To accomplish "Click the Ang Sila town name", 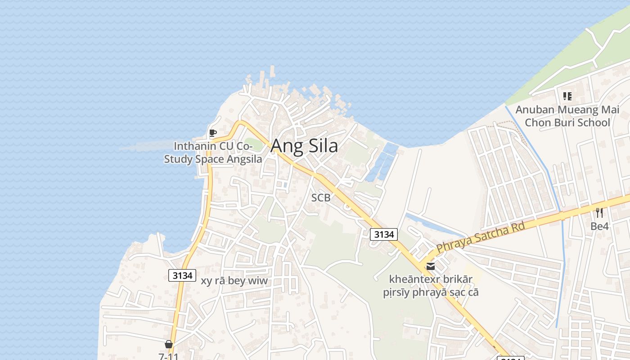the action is (304, 146).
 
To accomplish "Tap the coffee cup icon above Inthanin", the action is (212, 133).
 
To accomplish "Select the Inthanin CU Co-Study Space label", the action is (213, 153).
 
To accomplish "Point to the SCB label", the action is (321, 198).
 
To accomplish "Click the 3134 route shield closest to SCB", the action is (384, 234).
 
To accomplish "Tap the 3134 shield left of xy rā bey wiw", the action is (182, 275).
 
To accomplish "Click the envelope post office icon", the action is (431, 266).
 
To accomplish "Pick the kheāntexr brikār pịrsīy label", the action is (431, 286).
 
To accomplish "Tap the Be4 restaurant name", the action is (599, 226).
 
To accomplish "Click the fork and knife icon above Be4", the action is (599, 212).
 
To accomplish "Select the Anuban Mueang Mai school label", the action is (567, 116).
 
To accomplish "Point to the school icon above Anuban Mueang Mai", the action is (567, 96).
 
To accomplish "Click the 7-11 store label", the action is (169, 356).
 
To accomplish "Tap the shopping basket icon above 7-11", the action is (169, 344).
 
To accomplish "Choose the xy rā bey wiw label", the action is (234, 281).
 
